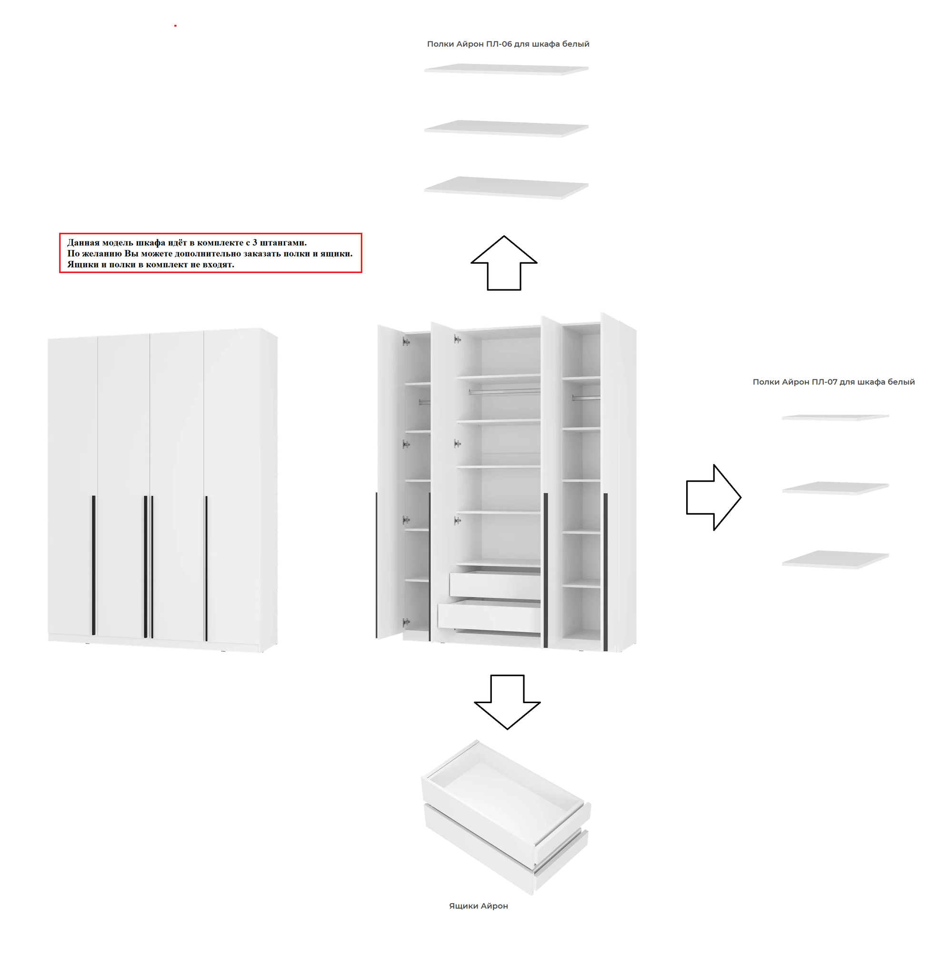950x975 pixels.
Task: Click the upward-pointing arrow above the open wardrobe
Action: click(x=504, y=263)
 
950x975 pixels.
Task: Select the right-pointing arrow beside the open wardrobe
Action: click(x=714, y=497)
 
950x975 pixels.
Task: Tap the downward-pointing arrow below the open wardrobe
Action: click(x=508, y=702)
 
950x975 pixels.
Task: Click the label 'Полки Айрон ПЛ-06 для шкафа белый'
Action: click(x=508, y=44)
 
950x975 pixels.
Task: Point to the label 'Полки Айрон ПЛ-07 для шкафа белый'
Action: click(x=833, y=382)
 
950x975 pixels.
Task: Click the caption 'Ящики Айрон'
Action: click(x=479, y=905)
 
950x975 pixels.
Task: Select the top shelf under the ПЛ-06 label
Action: click(x=507, y=70)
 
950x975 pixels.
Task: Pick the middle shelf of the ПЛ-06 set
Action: click(x=507, y=128)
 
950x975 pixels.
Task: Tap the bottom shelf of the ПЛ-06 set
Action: click(x=507, y=188)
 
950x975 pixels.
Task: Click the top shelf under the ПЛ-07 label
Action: click(x=836, y=418)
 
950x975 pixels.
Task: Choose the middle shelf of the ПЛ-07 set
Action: click(x=836, y=488)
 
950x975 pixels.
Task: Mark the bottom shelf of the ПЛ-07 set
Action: click(x=836, y=559)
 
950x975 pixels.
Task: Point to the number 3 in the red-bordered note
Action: click(x=254, y=242)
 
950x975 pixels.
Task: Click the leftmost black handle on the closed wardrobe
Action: click(x=93, y=566)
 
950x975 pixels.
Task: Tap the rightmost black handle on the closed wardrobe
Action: click(x=206, y=568)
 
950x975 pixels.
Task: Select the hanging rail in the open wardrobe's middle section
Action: click(x=504, y=392)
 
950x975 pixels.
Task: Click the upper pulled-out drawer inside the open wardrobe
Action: click(x=495, y=585)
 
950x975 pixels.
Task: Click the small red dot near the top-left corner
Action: click(x=175, y=25)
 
